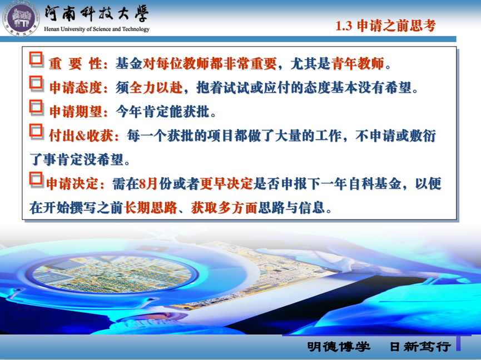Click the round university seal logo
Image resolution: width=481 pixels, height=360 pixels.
coord(21,18)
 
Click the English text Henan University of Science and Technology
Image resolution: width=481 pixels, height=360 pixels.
coord(97,29)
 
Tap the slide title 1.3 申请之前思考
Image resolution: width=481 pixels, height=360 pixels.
coord(385,26)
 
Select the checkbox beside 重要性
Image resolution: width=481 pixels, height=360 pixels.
coord(36,59)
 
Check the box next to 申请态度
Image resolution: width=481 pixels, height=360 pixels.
coord(36,83)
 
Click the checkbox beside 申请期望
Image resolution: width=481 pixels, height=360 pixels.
coord(36,107)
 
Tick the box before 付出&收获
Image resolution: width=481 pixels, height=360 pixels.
coord(36,131)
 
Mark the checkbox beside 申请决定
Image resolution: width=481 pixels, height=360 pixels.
coord(36,179)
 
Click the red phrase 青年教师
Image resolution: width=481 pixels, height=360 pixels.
coord(358,63)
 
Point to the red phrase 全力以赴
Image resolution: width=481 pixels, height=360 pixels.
coord(156,88)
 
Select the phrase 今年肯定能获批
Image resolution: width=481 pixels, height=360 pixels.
coord(162,112)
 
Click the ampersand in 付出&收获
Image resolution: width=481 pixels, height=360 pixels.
coord(81,136)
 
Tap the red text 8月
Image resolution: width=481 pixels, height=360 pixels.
coord(148,183)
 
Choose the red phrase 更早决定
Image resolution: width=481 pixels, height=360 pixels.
coord(226,183)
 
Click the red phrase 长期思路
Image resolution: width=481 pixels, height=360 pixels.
coord(151,208)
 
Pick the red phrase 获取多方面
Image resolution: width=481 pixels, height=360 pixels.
coord(224,208)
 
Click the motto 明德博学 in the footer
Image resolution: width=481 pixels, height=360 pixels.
coord(339,347)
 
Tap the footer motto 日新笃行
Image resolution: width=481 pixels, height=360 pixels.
coord(420,347)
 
